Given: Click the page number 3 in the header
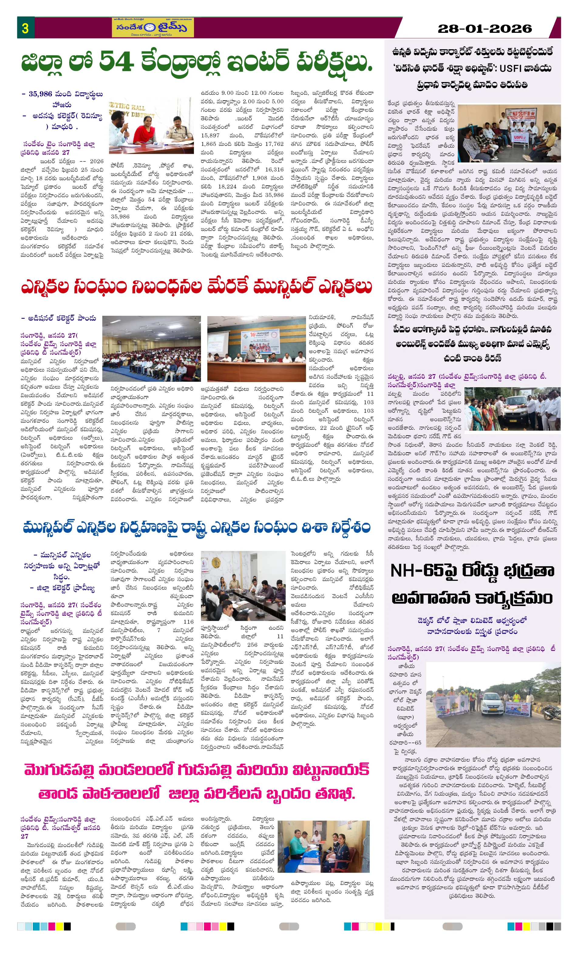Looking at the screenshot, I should pyautogui.click(x=25, y=28).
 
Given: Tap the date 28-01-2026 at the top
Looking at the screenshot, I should pyautogui.click(x=484, y=28).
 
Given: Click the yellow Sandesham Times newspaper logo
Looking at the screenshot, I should pyautogui.click(x=153, y=27).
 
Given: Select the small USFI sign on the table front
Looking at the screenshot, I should pyautogui.click(x=518, y=137).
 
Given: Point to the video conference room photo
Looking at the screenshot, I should pyautogui.click(x=242, y=586).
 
